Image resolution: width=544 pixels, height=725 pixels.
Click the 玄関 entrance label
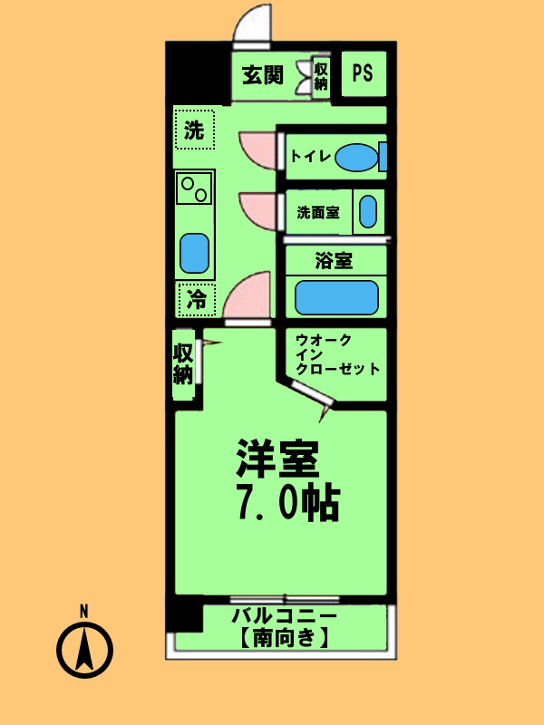pyautogui.click(x=263, y=75)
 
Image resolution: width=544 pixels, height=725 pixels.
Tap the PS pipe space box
pyautogui.click(x=363, y=73)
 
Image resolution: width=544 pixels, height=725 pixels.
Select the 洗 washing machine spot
pyautogui.click(x=194, y=130)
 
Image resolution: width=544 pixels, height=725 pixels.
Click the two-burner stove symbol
pyautogui.click(x=194, y=188)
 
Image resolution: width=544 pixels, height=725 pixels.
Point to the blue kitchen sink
pyautogui.click(x=194, y=254)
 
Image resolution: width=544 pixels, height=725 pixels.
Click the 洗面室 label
pyautogui.click(x=318, y=214)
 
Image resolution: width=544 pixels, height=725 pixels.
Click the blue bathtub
pyautogui.click(x=336, y=297)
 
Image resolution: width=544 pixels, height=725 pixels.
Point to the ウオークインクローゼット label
pyautogui.click(x=335, y=355)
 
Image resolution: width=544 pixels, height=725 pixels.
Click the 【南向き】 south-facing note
pyautogui.click(x=283, y=638)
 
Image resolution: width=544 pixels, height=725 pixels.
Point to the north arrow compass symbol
pyautogui.click(x=84, y=646)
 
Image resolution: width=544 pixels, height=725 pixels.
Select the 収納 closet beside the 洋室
pyautogui.click(x=184, y=362)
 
